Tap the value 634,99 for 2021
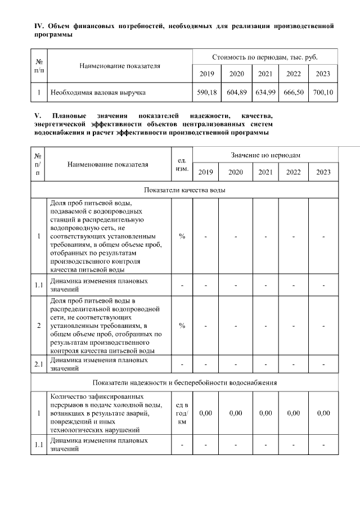coord(265,92)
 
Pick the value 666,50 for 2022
coord(294,92)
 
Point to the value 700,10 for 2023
coord(323,92)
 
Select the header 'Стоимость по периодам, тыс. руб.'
coord(264,57)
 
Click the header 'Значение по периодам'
coord(264,155)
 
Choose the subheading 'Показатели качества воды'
coord(184,190)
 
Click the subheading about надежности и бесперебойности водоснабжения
coord(184,383)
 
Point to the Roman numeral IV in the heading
coord(39,26)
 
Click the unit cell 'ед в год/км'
coord(182,413)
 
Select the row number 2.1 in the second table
coord(38,364)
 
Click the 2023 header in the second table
coord(323,172)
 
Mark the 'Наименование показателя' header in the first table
coord(120,66)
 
